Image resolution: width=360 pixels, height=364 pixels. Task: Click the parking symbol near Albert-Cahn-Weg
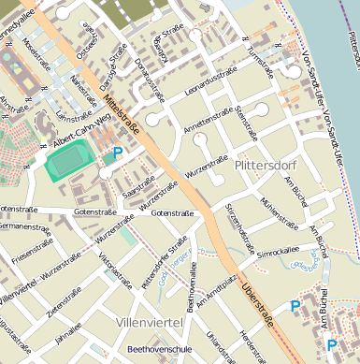[118, 153]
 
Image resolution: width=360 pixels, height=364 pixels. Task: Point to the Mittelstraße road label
[123, 114]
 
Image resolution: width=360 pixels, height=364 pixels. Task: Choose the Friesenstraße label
[22, 251]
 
